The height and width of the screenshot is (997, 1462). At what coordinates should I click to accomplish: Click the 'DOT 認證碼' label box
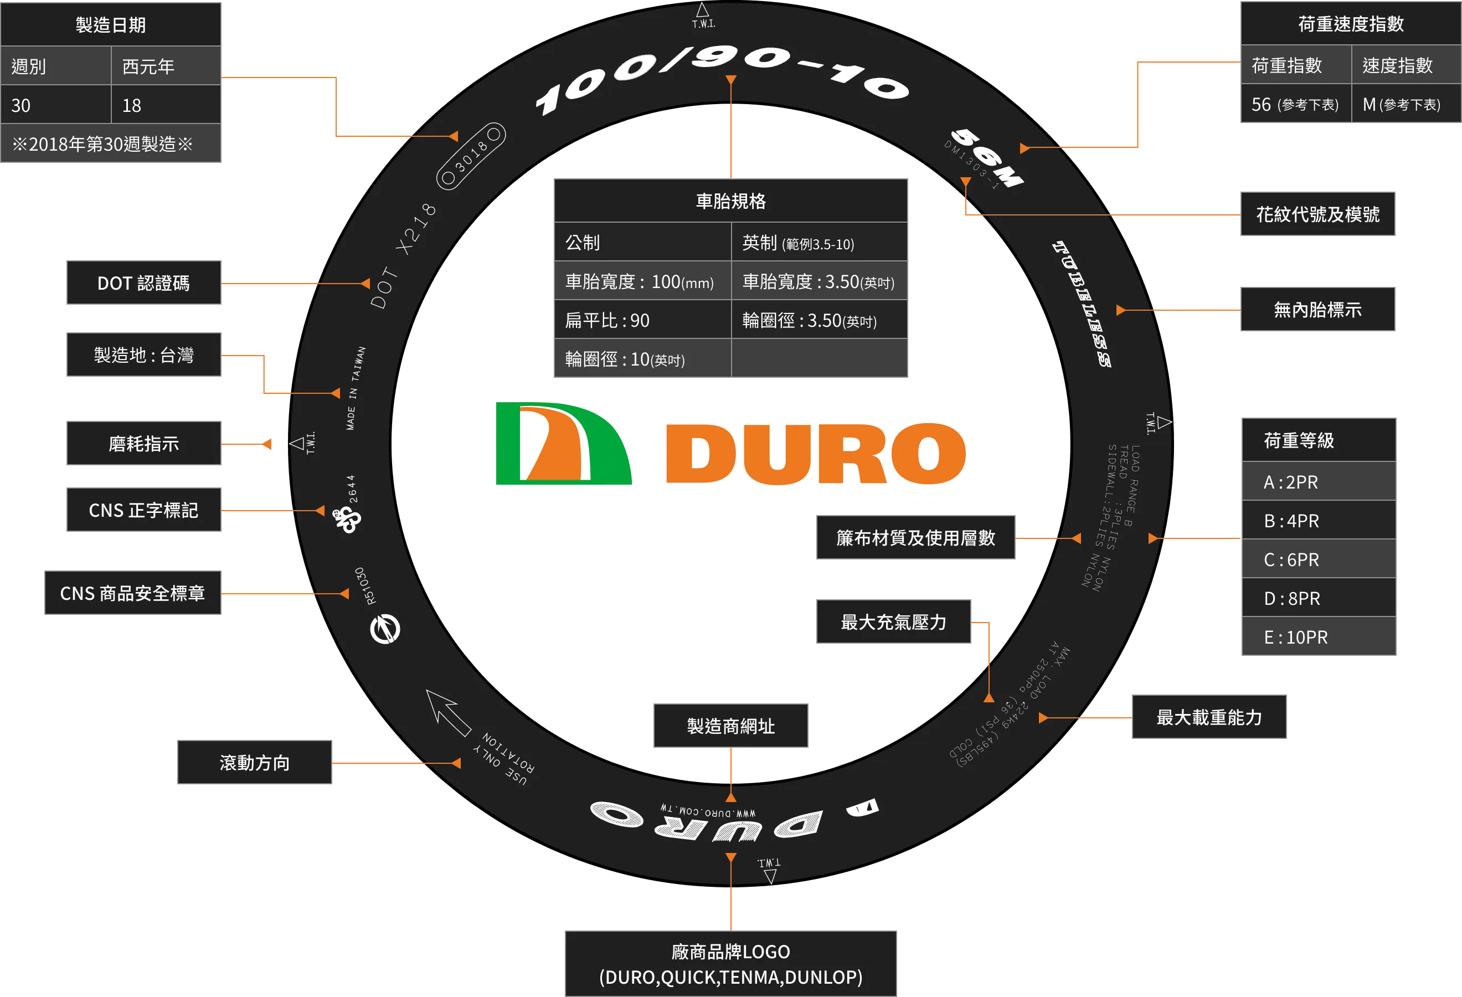pos(143,282)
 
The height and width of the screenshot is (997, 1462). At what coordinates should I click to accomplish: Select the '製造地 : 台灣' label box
pos(143,355)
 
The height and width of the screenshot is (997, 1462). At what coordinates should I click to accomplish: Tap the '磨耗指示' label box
pos(143,444)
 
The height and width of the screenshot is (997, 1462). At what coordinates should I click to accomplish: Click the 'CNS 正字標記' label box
pos(143,510)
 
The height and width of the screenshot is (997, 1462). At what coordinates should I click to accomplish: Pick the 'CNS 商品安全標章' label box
pos(133,593)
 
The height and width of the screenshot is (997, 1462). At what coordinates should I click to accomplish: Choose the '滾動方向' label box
pos(254,762)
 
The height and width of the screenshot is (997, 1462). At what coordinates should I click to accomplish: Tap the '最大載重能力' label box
pos(1208,717)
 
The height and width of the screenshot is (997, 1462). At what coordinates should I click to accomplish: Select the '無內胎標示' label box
pos(1317,309)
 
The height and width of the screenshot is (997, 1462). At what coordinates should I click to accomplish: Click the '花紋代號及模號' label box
pos(1317,214)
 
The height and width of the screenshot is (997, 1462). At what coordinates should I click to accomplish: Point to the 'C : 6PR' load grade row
pos(1319,559)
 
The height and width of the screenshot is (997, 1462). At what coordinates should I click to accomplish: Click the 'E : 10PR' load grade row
pos(1319,636)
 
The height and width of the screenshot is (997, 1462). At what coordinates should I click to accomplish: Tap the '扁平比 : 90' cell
pos(642,320)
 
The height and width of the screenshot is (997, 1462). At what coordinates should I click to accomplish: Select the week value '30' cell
pos(56,105)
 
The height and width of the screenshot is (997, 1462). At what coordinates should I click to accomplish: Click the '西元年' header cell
pos(166,66)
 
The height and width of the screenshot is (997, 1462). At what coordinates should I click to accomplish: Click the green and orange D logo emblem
pos(564,444)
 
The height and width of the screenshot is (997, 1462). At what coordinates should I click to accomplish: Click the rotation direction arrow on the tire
pos(448,712)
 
